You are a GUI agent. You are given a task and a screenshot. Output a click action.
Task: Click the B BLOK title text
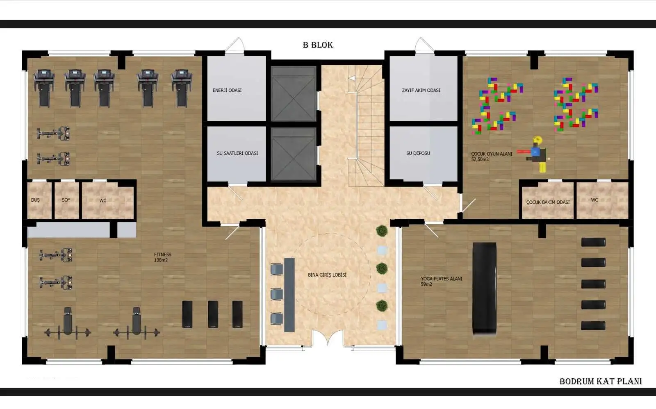(318, 45)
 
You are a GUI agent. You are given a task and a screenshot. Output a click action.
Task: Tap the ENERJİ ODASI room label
(227, 91)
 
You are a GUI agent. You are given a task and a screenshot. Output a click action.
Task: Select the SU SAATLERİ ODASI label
(237, 153)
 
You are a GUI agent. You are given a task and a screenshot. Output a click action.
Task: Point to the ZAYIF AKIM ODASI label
(421, 91)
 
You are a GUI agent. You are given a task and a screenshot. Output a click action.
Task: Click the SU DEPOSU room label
(418, 153)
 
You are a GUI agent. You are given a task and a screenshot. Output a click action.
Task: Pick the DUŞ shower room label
(35, 200)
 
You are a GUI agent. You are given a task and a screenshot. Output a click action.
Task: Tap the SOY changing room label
(66, 200)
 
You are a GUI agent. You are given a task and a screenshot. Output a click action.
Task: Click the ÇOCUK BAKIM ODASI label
(548, 202)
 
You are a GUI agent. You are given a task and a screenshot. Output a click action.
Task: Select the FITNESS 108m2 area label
(162, 257)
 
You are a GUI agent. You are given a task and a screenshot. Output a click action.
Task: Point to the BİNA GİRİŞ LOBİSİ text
(327, 275)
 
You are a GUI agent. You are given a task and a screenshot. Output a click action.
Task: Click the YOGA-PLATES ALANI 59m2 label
(441, 282)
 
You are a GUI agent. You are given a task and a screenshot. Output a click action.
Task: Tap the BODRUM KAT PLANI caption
(601, 381)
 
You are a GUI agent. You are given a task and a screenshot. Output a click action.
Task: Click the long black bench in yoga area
(484, 289)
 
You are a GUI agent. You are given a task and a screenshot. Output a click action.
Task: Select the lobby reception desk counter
(289, 295)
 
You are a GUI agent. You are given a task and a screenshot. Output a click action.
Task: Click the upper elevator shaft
(294, 93)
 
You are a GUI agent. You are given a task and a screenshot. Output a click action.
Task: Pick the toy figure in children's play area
(536, 154)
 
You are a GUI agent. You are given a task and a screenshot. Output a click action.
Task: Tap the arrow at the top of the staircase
(352, 78)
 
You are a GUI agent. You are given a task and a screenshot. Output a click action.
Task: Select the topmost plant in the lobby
(382, 231)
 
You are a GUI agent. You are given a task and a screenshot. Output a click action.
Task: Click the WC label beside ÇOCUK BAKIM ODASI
(594, 200)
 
